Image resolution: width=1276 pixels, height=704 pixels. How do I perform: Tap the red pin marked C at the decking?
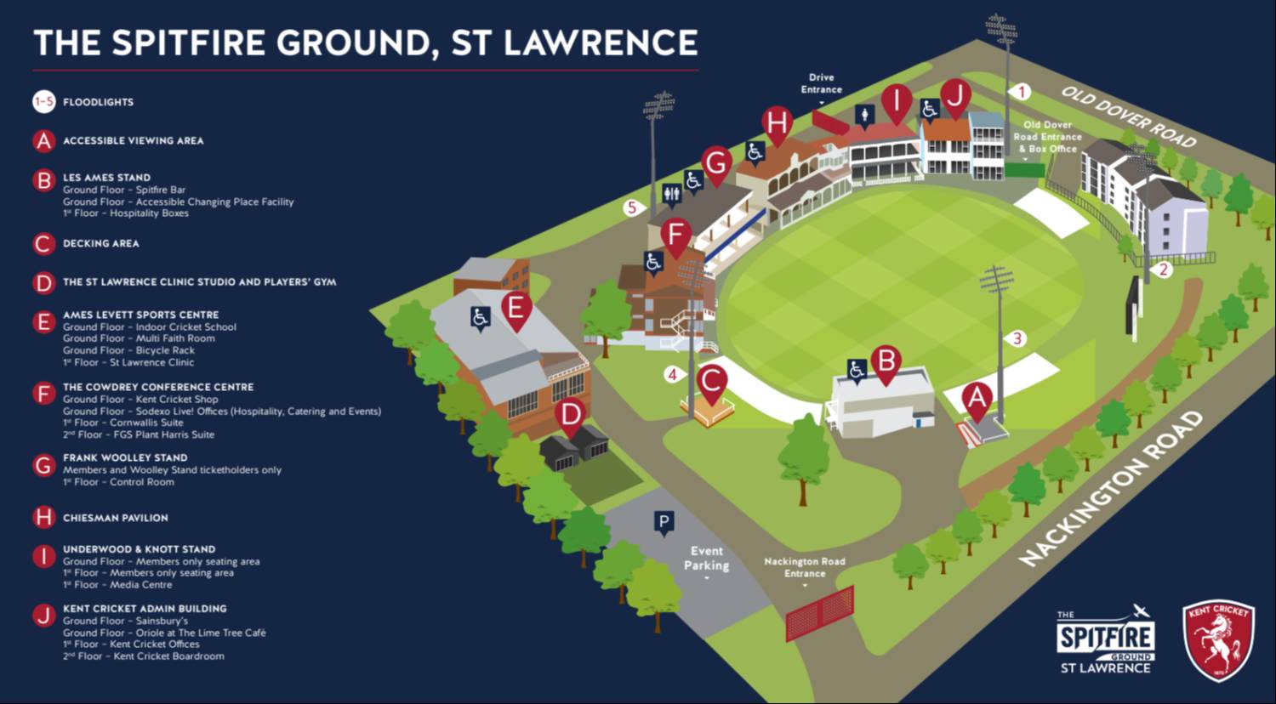point(712,382)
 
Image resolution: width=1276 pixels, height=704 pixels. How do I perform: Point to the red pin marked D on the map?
point(570,416)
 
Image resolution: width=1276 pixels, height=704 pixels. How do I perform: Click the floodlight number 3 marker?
point(1017,338)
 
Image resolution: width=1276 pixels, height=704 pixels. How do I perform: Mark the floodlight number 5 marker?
point(631,207)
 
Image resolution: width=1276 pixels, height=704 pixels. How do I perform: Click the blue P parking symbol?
point(664,522)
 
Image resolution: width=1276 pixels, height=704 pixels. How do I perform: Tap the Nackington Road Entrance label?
point(805,567)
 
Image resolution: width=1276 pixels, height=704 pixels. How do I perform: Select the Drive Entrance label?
point(821,83)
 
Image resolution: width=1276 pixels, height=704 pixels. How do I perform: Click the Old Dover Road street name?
point(1128,116)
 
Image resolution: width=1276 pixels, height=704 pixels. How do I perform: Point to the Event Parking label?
point(706,559)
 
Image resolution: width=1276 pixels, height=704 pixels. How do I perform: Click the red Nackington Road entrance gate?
point(819,613)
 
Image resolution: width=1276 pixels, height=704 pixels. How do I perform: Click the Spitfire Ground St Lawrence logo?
point(1105,639)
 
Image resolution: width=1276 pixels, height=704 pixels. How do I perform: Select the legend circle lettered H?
point(44,517)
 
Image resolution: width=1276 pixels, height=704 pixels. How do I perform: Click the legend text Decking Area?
point(100,243)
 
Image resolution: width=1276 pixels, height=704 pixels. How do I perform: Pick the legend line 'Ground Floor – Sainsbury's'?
point(125,621)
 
